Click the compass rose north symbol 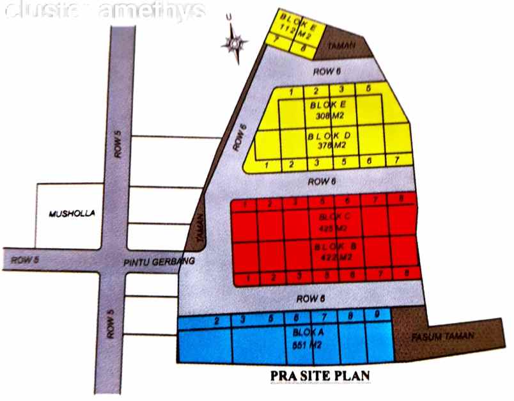click(x=234, y=43)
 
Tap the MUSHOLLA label click(x=68, y=214)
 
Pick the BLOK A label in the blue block click(x=308, y=333)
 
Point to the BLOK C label click(x=331, y=217)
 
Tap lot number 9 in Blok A click(x=377, y=314)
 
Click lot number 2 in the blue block click(x=217, y=320)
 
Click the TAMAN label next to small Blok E click(x=339, y=47)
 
